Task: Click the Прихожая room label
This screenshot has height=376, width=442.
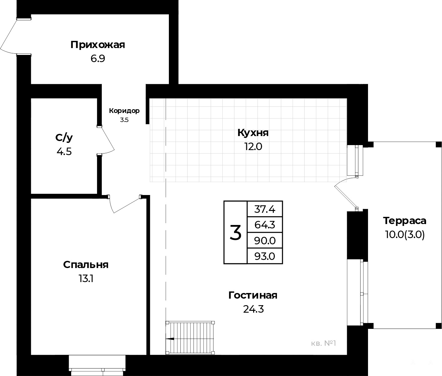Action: click(x=98, y=45)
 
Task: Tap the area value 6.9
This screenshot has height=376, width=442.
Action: click(x=98, y=59)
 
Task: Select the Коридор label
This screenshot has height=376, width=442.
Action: click(x=124, y=111)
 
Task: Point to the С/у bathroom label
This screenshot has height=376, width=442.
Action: click(x=64, y=138)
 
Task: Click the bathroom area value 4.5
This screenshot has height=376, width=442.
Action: click(x=64, y=152)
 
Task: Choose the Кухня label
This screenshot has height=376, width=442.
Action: click(x=253, y=133)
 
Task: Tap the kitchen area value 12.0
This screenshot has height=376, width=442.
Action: click(x=253, y=147)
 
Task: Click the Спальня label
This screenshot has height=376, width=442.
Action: click(x=86, y=265)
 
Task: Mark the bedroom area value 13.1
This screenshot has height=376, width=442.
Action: click(x=86, y=279)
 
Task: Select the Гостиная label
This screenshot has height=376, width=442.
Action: click(x=253, y=295)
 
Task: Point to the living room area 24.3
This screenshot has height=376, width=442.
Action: click(x=253, y=309)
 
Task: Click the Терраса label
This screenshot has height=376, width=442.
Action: click(x=405, y=221)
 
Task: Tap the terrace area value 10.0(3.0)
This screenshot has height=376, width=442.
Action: click(x=405, y=235)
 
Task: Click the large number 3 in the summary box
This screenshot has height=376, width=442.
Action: click(x=235, y=232)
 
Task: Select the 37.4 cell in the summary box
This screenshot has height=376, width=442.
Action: click(x=265, y=209)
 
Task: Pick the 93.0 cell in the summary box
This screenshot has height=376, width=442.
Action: click(x=265, y=256)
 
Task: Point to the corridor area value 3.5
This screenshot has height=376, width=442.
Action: click(x=124, y=120)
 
